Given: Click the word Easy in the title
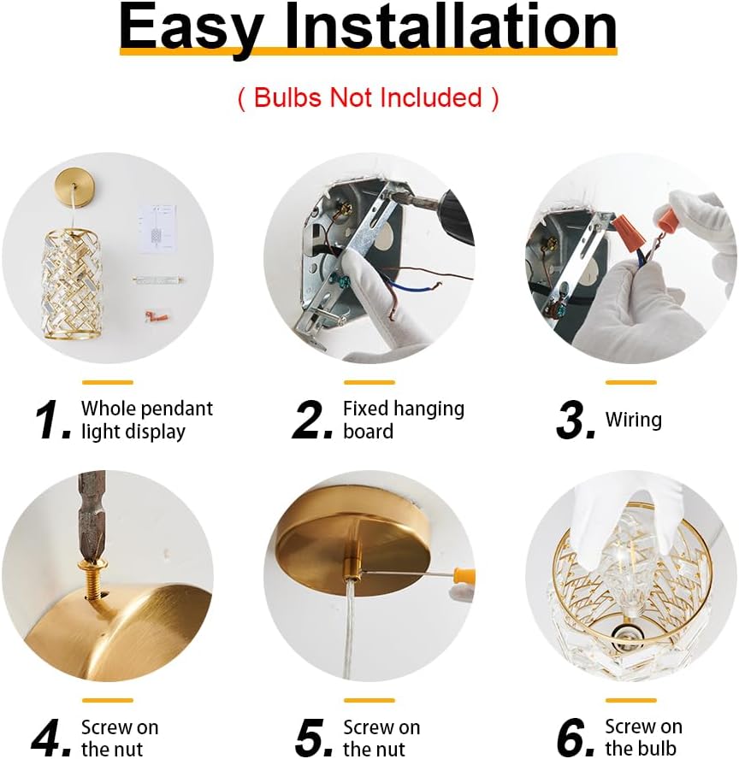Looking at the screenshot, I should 190,27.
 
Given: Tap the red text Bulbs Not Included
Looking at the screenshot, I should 368,97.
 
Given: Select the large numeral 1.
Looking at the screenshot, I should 53,421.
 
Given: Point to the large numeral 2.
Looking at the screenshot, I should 313,421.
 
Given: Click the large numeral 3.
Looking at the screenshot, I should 576,421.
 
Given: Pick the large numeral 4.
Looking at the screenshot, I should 51,738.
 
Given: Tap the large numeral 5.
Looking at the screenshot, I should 313,738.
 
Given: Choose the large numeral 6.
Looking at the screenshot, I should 576,738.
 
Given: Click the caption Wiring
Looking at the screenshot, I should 633,420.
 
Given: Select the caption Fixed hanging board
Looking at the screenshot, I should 403,420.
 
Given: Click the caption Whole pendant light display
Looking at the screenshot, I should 146,420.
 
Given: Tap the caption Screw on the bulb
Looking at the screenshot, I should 643,738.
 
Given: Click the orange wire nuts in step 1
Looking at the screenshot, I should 154,316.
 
